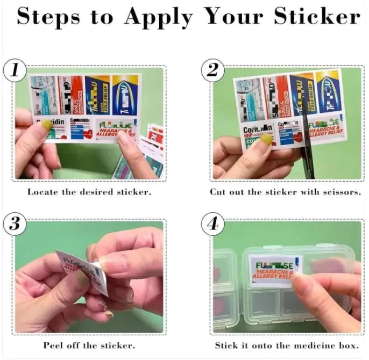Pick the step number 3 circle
click(x=15, y=224)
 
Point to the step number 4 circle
click(x=212, y=224)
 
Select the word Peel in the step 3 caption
click(x=54, y=345)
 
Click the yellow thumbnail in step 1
click(x=47, y=125)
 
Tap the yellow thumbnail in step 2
click(x=266, y=139)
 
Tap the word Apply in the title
click(x=158, y=17)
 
